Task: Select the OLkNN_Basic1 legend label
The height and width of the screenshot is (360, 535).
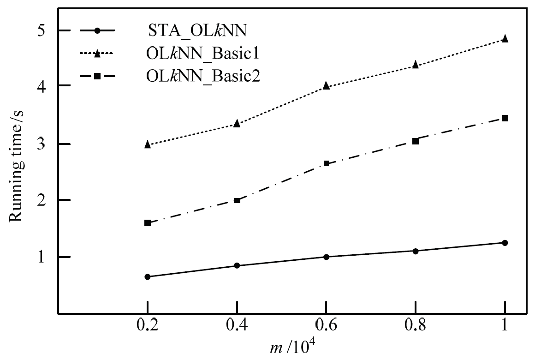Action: click(x=200, y=54)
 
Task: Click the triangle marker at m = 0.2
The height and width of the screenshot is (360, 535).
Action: click(x=148, y=144)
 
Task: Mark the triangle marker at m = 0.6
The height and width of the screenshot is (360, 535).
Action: click(x=327, y=85)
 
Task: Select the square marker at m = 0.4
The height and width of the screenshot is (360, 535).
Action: click(x=237, y=200)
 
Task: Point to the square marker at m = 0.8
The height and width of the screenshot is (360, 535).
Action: click(x=416, y=141)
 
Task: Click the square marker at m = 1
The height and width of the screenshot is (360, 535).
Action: click(x=505, y=118)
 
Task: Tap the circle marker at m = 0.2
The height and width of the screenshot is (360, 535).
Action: click(x=148, y=277)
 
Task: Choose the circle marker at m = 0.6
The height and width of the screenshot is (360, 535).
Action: click(x=327, y=257)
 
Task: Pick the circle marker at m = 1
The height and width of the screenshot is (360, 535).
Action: click(x=505, y=243)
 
